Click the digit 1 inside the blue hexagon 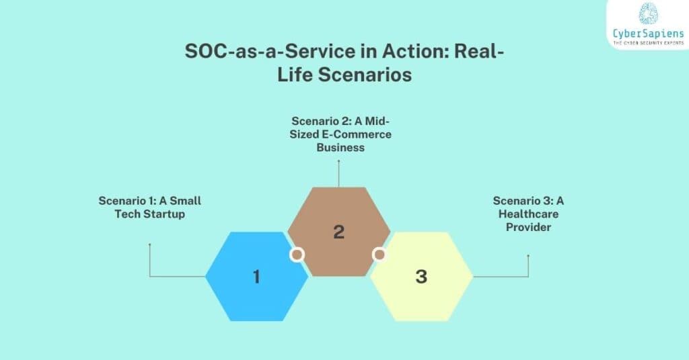click(256, 276)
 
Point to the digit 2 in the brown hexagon click(338, 232)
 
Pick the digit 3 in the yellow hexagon click(421, 276)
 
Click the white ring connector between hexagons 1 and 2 click(297, 255)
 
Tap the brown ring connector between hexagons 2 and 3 click(379, 255)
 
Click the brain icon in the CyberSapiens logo click(648, 14)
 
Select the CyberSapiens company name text click(648, 34)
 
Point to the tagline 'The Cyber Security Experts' click(648, 43)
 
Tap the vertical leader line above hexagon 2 click(338, 172)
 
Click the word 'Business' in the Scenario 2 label click(340, 147)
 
